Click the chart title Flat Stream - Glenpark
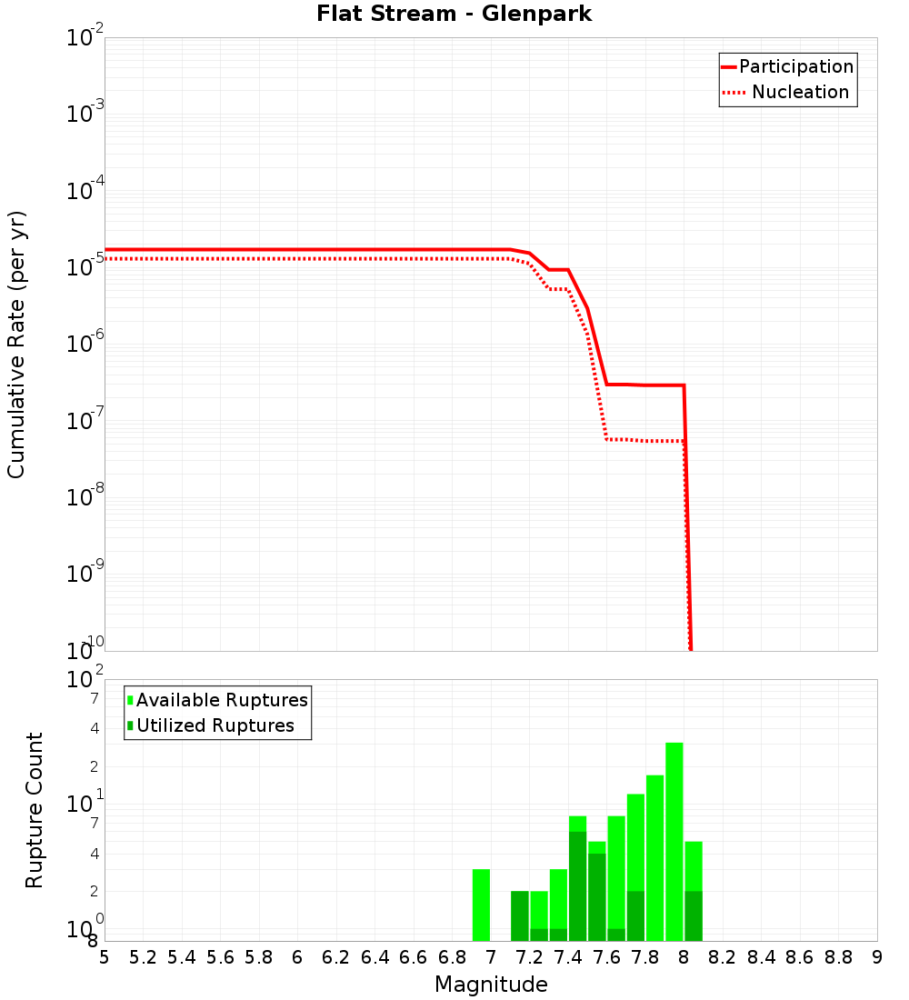point(454,14)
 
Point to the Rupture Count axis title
point(35,810)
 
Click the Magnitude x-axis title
point(491,985)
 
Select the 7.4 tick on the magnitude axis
point(568,957)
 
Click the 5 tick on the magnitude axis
point(105,957)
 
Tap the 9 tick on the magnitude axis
point(877,957)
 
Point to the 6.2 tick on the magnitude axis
point(336,957)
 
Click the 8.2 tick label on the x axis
point(723,957)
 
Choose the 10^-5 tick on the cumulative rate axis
point(85,267)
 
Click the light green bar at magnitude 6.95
point(481,905)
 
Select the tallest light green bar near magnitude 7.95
point(674,841)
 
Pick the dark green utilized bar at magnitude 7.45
point(577,886)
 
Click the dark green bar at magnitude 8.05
point(694,915)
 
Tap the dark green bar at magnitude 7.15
point(519,915)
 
